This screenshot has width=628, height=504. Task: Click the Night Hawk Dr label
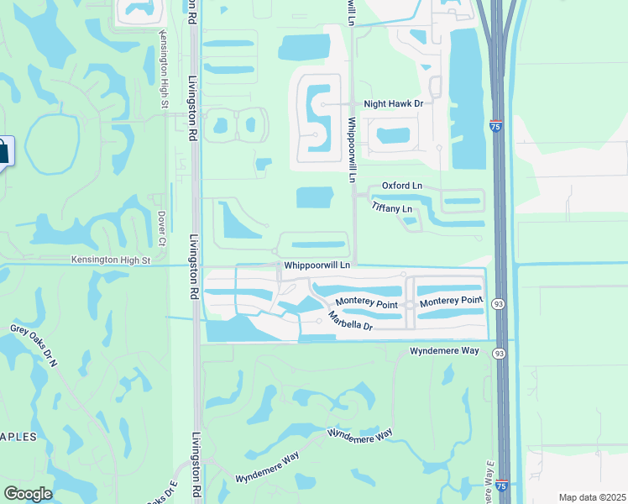point(392,104)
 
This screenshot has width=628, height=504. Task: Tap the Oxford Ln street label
point(402,186)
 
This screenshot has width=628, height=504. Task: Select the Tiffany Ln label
point(392,208)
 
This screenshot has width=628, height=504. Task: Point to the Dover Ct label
point(163,223)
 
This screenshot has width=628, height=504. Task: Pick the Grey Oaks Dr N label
point(34,346)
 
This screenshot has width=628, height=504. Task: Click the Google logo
point(28,494)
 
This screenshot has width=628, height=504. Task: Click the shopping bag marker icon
point(3,152)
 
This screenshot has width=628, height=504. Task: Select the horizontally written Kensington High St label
point(110,260)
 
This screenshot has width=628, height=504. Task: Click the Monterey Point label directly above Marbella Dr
point(366,301)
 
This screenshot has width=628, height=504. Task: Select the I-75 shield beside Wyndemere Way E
point(501,486)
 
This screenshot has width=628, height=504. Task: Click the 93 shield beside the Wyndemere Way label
point(499,350)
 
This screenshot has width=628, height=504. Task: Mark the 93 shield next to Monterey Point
point(498,304)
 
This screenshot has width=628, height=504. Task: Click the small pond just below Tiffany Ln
point(410,222)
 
